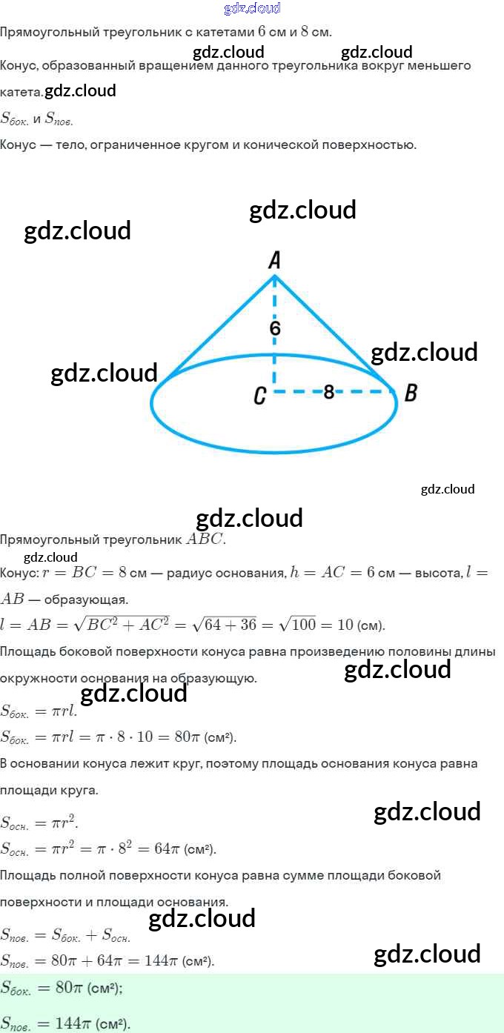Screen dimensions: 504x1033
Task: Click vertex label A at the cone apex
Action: point(274,259)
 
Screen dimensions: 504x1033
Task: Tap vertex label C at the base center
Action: point(259,396)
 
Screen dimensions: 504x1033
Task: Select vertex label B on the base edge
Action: point(410,393)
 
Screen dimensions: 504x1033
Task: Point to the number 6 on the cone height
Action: point(275,328)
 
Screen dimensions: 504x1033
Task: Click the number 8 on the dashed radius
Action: point(328,392)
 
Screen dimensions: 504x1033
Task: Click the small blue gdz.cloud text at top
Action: point(252,8)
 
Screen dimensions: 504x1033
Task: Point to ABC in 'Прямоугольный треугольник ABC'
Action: point(205,539)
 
